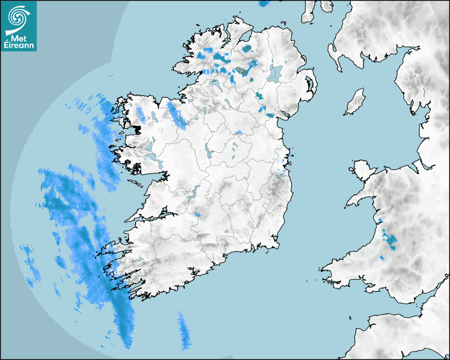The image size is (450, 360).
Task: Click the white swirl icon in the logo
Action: pos(17,17)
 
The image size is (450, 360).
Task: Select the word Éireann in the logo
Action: pos(20,46)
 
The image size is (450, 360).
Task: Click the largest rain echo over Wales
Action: pos(391,240)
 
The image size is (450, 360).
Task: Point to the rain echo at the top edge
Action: pos(264,4)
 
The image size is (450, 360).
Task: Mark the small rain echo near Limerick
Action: pos(197,214)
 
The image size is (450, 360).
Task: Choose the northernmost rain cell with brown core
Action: pos(246,49)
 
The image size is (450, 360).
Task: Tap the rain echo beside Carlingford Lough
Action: pos(271,115)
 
